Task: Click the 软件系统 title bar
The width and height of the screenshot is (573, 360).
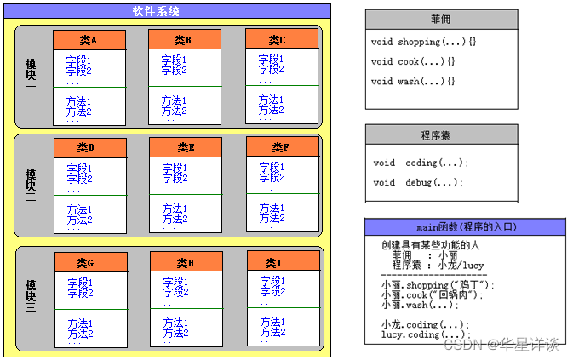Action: pos(166,11)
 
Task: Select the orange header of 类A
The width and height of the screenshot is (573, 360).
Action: pos(89,40)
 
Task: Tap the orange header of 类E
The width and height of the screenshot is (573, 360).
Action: pos(186,148)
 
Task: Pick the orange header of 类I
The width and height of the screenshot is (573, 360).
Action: pos(283,263)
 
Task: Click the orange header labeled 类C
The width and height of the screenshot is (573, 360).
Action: pos(282,39)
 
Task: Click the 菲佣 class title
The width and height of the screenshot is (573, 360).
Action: pos(441,20)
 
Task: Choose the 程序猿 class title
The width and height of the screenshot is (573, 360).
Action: pos(441,134)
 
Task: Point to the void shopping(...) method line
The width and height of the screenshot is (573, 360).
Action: pos(419,42)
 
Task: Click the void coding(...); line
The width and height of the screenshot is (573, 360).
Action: pos(421,163)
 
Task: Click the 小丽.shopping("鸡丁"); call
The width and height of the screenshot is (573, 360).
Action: pos(437,285)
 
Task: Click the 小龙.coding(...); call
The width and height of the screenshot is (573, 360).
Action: pos(425,324)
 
